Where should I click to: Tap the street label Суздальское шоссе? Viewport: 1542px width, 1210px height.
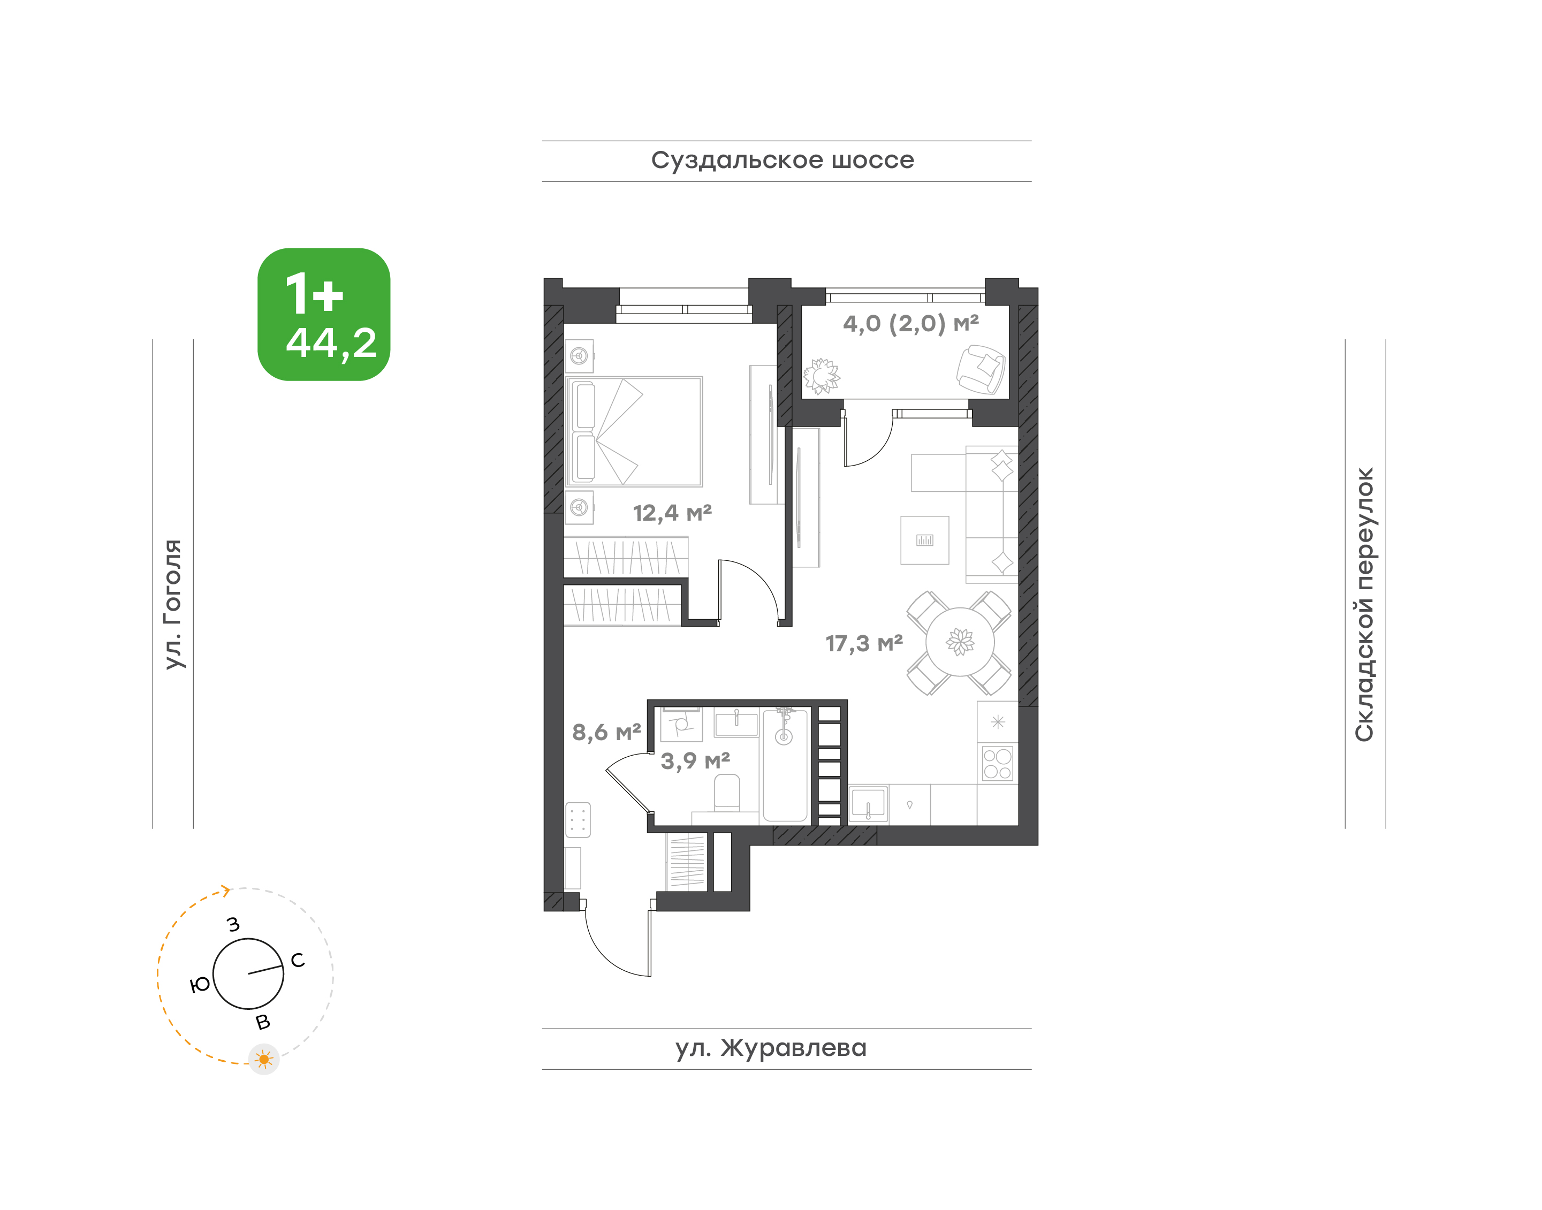783,160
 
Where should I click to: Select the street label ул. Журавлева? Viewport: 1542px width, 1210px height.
770,1048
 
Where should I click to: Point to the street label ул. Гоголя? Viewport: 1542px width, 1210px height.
173,604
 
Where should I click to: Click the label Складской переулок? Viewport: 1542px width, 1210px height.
1364,604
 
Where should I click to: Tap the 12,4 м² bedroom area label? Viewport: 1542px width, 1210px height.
672,512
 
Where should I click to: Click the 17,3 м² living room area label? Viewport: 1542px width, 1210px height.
864,643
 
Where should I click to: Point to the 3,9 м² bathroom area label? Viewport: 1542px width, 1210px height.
695,761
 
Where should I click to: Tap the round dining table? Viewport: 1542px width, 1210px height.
960,642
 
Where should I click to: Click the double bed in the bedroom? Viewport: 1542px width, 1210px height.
634,431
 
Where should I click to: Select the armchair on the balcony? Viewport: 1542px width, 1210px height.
980,368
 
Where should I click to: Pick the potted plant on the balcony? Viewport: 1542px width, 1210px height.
822,376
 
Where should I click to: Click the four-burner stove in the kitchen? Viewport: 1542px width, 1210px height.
998,763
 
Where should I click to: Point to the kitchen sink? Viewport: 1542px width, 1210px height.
868,804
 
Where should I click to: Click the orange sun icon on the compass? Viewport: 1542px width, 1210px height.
264,1059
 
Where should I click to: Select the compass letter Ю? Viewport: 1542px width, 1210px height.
201,984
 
